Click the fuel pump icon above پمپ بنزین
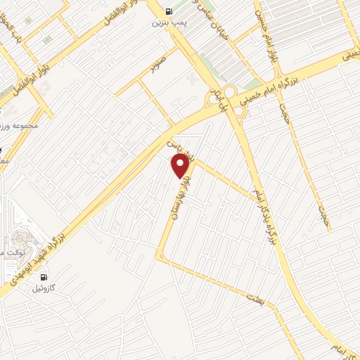point(168,11)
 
